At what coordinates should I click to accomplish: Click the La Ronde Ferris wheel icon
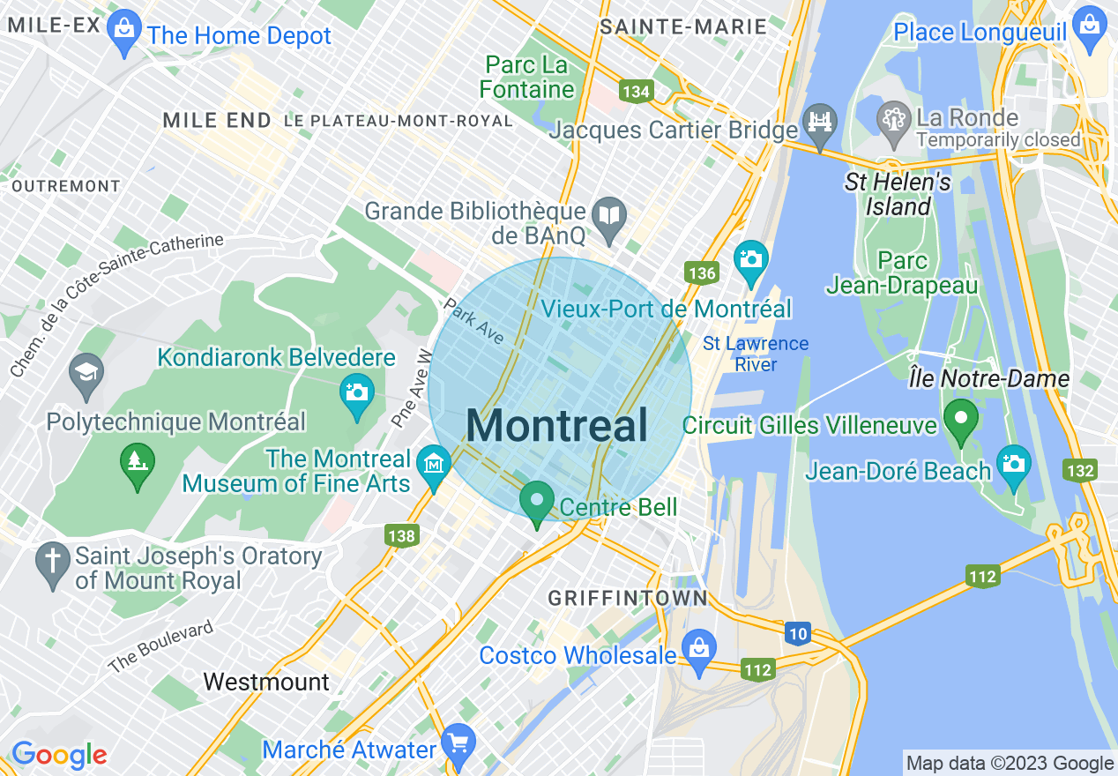click(894, 123)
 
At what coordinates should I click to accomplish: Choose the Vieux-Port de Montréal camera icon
click(750, 260)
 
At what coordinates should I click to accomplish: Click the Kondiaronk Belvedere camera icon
click(357, 392)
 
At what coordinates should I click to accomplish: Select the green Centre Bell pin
click(536, 502)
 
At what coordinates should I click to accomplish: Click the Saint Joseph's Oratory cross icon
click(53, 562)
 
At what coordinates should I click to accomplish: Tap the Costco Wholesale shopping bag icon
click(698, 649)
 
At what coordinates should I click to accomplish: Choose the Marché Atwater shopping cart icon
click(458, 743)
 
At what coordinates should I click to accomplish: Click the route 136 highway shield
click(702, 272)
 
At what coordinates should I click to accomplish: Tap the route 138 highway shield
click(401, 535)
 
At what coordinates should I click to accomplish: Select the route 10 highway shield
click(798, 633)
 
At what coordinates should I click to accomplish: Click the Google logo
click(59, 755)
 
